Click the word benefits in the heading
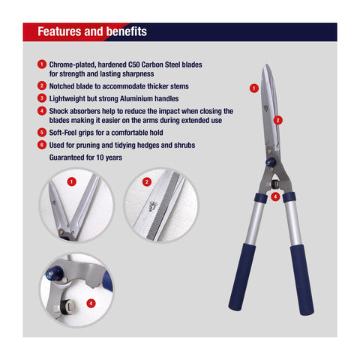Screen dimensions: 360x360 (127, 31)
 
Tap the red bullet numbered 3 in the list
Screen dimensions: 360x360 (42, 98)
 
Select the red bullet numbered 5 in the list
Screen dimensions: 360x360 (42, 132)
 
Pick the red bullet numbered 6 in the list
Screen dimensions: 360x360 (42, 145)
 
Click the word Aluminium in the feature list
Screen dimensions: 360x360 (136, 98)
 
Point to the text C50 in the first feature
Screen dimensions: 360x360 (133, 64)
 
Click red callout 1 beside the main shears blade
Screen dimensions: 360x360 (254, 88)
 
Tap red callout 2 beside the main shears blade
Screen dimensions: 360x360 (277, 120)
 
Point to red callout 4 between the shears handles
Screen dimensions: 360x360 (275, 196)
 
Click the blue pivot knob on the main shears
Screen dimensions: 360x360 (271, 163)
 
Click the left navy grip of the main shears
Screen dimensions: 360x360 (241, 277)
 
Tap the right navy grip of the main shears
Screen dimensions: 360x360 (302, 280)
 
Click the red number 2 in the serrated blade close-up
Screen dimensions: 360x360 (147, 181)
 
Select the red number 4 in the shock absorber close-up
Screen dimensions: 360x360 (91, 303)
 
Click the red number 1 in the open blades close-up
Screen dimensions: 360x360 (72, 181)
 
